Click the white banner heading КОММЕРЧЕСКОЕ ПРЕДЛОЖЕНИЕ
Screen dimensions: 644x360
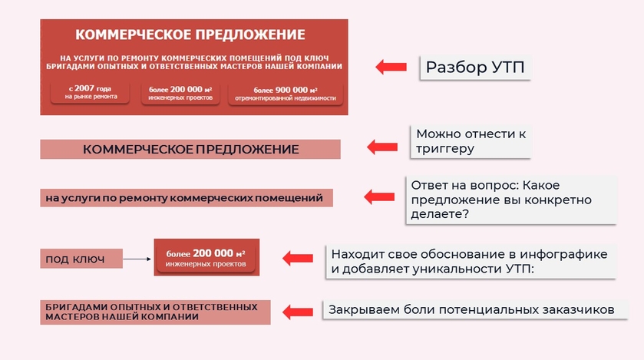tap(190, 35)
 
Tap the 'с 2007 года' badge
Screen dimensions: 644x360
tap(90, 92)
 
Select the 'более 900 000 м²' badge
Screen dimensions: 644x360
tap(286, 94)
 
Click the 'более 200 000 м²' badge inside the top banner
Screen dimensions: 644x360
tap(180, 93)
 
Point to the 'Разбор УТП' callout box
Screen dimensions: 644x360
tap(475, 68)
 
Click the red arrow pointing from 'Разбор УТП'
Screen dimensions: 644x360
tap(391, 67)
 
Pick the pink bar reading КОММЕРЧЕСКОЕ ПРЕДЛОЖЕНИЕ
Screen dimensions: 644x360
tap(190, 149)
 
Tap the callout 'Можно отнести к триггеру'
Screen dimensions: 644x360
tap(471, 141)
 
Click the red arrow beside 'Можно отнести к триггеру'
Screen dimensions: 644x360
tap(382, 147)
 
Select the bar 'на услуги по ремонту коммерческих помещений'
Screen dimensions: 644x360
tap(187, 198)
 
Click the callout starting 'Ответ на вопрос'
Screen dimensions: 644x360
tap(511, 200)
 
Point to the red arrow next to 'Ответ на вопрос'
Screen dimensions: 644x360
tap(379, 197)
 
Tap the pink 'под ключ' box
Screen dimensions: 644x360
tap(81, 259)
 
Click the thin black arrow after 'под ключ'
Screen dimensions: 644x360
tap(137, 259)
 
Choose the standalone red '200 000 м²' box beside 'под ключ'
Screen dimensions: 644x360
tap(206, 257)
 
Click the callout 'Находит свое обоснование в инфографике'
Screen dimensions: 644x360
tap(471, 262)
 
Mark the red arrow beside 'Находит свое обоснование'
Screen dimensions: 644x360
tap(298, 258)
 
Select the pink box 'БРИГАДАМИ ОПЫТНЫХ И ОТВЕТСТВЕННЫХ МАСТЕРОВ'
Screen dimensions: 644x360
tap(155, 312)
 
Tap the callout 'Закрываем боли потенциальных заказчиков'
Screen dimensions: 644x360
tap(475, 310)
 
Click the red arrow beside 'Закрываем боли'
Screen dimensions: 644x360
tap(298, 312)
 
